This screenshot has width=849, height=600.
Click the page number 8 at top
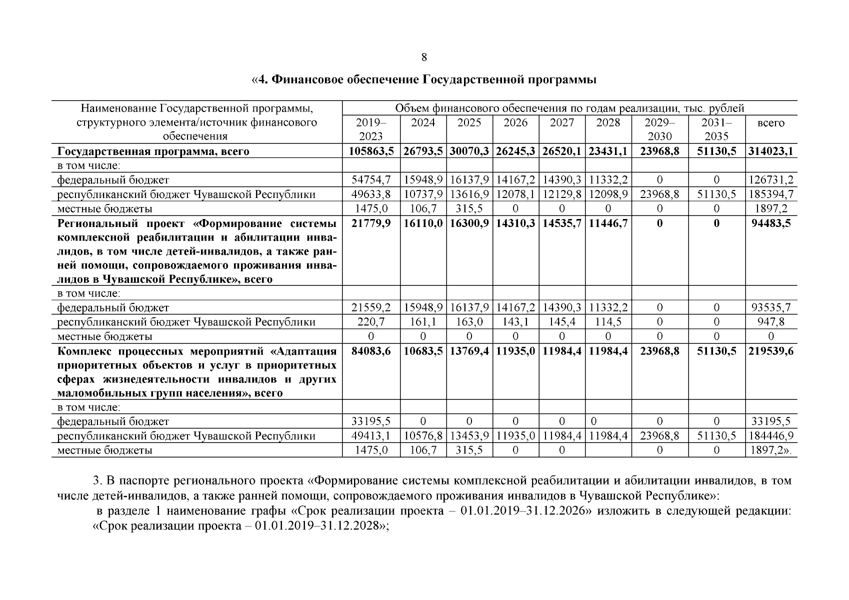coord(424,57)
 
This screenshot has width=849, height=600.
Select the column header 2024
coord(423,122)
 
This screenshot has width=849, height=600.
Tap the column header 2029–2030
coord(659,129)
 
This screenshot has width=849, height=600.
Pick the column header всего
coord(770,123)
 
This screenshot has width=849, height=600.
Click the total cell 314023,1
coord(770,151)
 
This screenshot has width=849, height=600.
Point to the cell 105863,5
coord(371,151)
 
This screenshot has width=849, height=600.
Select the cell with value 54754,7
coord(371,179)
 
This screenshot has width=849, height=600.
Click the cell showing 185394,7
coord(770,194)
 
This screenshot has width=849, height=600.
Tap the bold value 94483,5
coord(770,223)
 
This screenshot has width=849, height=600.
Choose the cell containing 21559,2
coord(371,307)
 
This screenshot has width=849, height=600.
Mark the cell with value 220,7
coord(371,322)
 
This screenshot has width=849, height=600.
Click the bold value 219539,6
coord(770,351)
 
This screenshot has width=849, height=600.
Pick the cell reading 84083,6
coord(371,351)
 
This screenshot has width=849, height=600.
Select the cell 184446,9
coord(770,436)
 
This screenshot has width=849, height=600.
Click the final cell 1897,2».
coord(770,450)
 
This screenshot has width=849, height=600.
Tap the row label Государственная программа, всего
coord(153,151)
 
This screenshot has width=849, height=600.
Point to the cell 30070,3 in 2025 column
coord(469,151)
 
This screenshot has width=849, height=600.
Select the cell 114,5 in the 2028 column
coord(608,322)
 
